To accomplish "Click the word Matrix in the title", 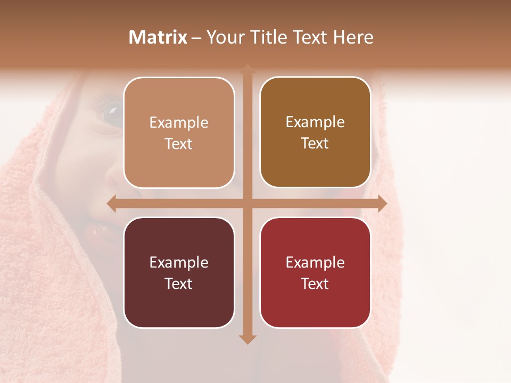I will pos(158,37).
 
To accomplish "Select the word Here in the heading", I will pos(353,37).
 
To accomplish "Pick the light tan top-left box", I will pos(179,132).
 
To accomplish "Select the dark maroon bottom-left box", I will pos(179,272).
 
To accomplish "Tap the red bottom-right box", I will pos(315,272).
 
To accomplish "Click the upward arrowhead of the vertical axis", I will pos(247,68).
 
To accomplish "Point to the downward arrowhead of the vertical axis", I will pos(247,339).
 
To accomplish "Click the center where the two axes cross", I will pos(247,203).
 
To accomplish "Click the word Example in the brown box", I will pos(315,122).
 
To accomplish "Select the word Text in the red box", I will pos(315,284).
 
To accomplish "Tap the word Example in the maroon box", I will pos(179,262).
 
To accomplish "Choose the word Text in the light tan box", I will pos(179,144).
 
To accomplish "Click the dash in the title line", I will pos(196,38).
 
